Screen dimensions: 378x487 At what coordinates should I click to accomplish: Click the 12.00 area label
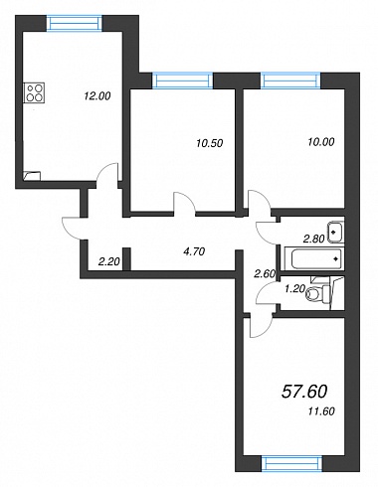point(96,96)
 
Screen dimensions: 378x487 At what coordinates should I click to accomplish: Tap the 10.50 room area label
point(209,143)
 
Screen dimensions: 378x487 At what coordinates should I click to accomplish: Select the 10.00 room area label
point(321,142)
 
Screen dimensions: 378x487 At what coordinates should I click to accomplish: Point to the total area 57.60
point(304,392)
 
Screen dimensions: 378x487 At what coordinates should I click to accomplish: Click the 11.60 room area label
point(321,411)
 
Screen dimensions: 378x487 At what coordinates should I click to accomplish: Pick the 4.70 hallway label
point(194,252)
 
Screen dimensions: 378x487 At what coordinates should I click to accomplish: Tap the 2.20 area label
point(108,262)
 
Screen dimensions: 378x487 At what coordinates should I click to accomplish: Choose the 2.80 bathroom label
point(313,239)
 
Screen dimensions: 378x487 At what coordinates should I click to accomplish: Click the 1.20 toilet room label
point(294,289)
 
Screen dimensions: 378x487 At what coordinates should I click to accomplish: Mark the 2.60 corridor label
point(265,274)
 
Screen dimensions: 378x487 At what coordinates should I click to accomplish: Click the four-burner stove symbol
point(34,92)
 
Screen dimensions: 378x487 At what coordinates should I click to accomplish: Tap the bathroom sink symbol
point(336,232)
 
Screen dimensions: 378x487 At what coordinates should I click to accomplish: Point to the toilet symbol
point(318,294)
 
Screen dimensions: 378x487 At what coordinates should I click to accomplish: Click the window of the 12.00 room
point(74,24)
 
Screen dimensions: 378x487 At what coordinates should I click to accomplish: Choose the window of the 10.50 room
point(182,81)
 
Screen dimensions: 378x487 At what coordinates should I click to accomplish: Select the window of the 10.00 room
point(291,81)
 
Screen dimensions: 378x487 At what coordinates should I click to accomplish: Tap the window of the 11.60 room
point(291,463)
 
